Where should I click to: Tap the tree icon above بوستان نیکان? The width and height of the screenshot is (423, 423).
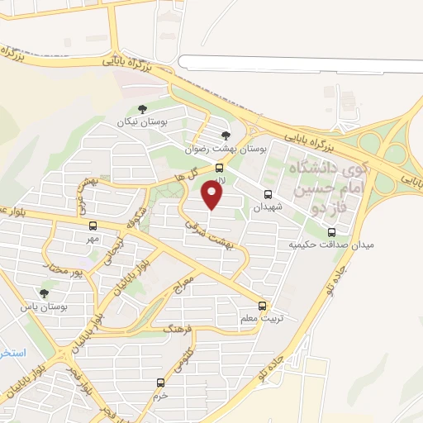click(142, 108)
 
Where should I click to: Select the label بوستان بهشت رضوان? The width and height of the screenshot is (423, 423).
click(226, 147)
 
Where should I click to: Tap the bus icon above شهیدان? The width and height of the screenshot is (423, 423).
click(267, 195)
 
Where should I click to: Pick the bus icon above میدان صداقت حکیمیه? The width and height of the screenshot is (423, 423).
click(331, 232)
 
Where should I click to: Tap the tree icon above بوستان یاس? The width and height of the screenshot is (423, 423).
click(45, 292)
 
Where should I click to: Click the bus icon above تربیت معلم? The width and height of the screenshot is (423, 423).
click(262, 305)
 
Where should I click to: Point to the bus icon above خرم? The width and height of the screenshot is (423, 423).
click(160, 383)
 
